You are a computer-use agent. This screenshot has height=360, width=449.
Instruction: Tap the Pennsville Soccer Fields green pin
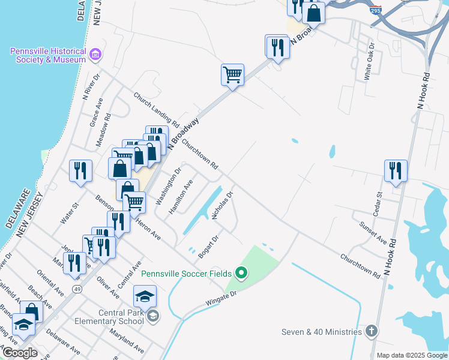coord(242,274)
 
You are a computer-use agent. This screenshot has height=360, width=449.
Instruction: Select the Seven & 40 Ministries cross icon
coord(372,331)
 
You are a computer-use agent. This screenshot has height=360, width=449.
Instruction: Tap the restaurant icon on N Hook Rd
coord(396,170)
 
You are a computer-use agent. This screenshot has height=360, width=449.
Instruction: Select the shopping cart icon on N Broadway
coord(232,75)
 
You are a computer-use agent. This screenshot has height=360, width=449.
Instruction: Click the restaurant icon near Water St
coord(80,170)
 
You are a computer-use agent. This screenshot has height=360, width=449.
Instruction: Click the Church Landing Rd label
coord(157,109)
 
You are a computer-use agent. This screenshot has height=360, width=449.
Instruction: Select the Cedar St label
coord(379,203)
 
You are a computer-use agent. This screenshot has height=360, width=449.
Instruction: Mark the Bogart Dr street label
coord(212,246)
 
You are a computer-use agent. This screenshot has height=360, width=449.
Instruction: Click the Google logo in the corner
coord(19,353)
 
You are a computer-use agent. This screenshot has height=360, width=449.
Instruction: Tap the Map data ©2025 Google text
coord(411,355)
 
